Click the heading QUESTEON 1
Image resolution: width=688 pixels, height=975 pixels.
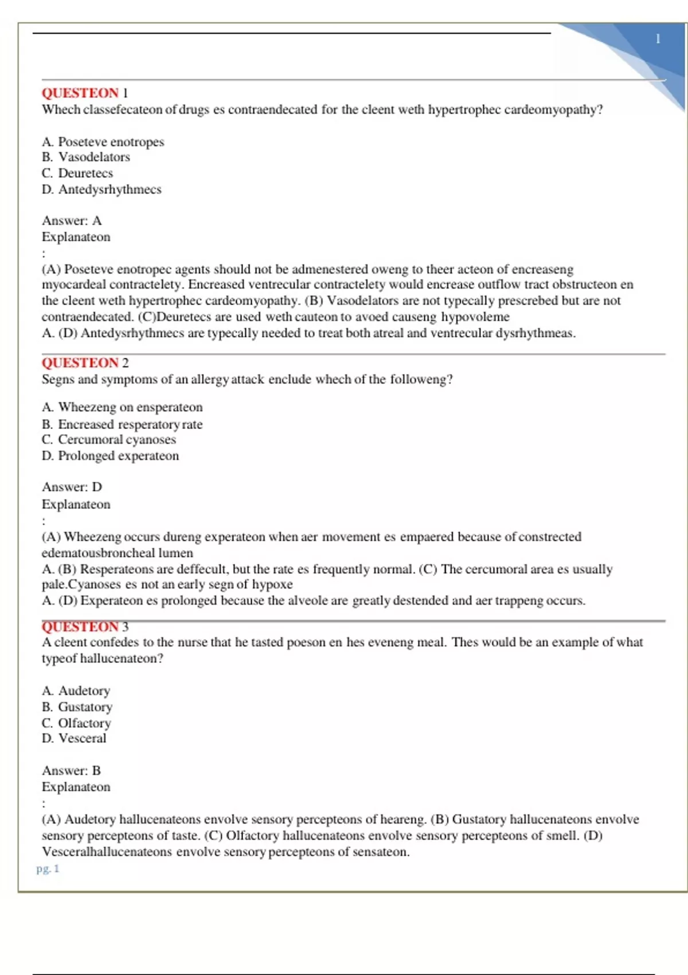point(85,93)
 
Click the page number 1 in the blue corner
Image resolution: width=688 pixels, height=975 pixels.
point(658,39)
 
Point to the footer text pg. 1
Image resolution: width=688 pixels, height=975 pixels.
point(48,868)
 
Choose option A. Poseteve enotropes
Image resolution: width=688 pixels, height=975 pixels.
point(103,142)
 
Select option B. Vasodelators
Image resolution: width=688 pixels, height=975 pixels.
point(86,157)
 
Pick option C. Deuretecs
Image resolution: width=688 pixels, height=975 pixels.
point(77,173)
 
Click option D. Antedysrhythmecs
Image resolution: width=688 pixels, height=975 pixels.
point(101,189)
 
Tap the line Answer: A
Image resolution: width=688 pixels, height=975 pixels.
point(72,221)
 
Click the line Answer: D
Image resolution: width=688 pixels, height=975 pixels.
point(72,487)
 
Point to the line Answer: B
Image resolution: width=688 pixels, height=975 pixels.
point(71,770)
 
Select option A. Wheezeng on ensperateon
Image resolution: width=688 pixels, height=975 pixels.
point(122,407)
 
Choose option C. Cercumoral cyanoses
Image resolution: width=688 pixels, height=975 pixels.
point(109,439)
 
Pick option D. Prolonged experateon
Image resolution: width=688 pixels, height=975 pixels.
point(110,456)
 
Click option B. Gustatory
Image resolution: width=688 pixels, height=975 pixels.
point(77,707)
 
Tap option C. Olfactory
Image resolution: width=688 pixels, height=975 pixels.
point(76,723)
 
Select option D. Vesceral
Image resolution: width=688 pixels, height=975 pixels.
point(74,738)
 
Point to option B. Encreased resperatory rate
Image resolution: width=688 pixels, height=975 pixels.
point(122,424)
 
